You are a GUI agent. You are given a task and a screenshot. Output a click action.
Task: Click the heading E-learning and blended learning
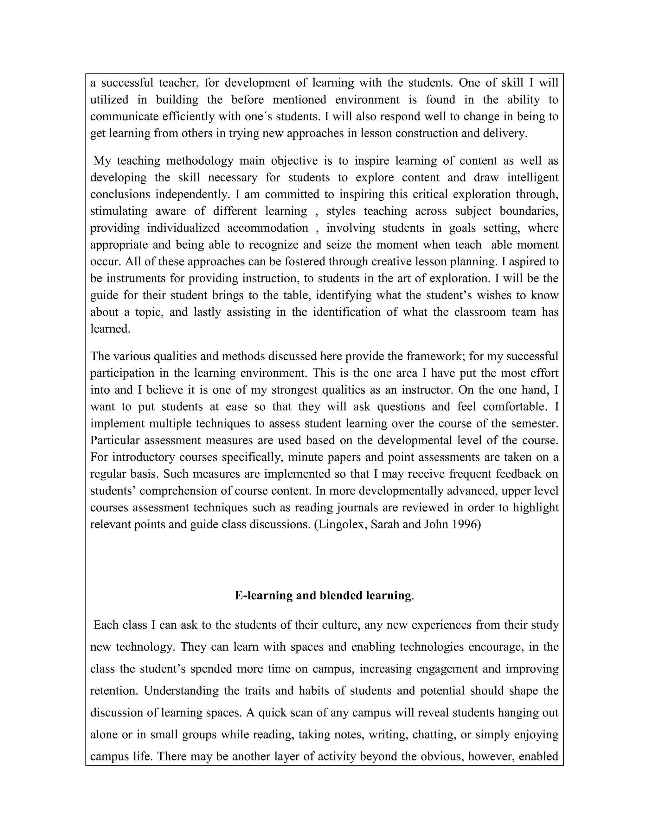[x=323, y=596]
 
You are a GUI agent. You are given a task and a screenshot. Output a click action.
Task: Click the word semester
[x=534, y=423]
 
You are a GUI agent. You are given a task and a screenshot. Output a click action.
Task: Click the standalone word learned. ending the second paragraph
[x=110, y=329]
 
